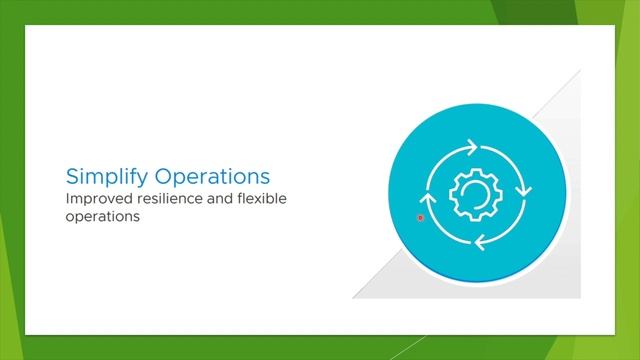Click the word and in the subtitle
tap(222, 199)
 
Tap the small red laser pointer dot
tap(421, 217)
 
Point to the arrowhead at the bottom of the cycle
tap(481, 240)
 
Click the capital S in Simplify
tap(72, 177)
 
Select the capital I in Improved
tap(67, 199)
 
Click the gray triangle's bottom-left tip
tap(354, 297)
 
